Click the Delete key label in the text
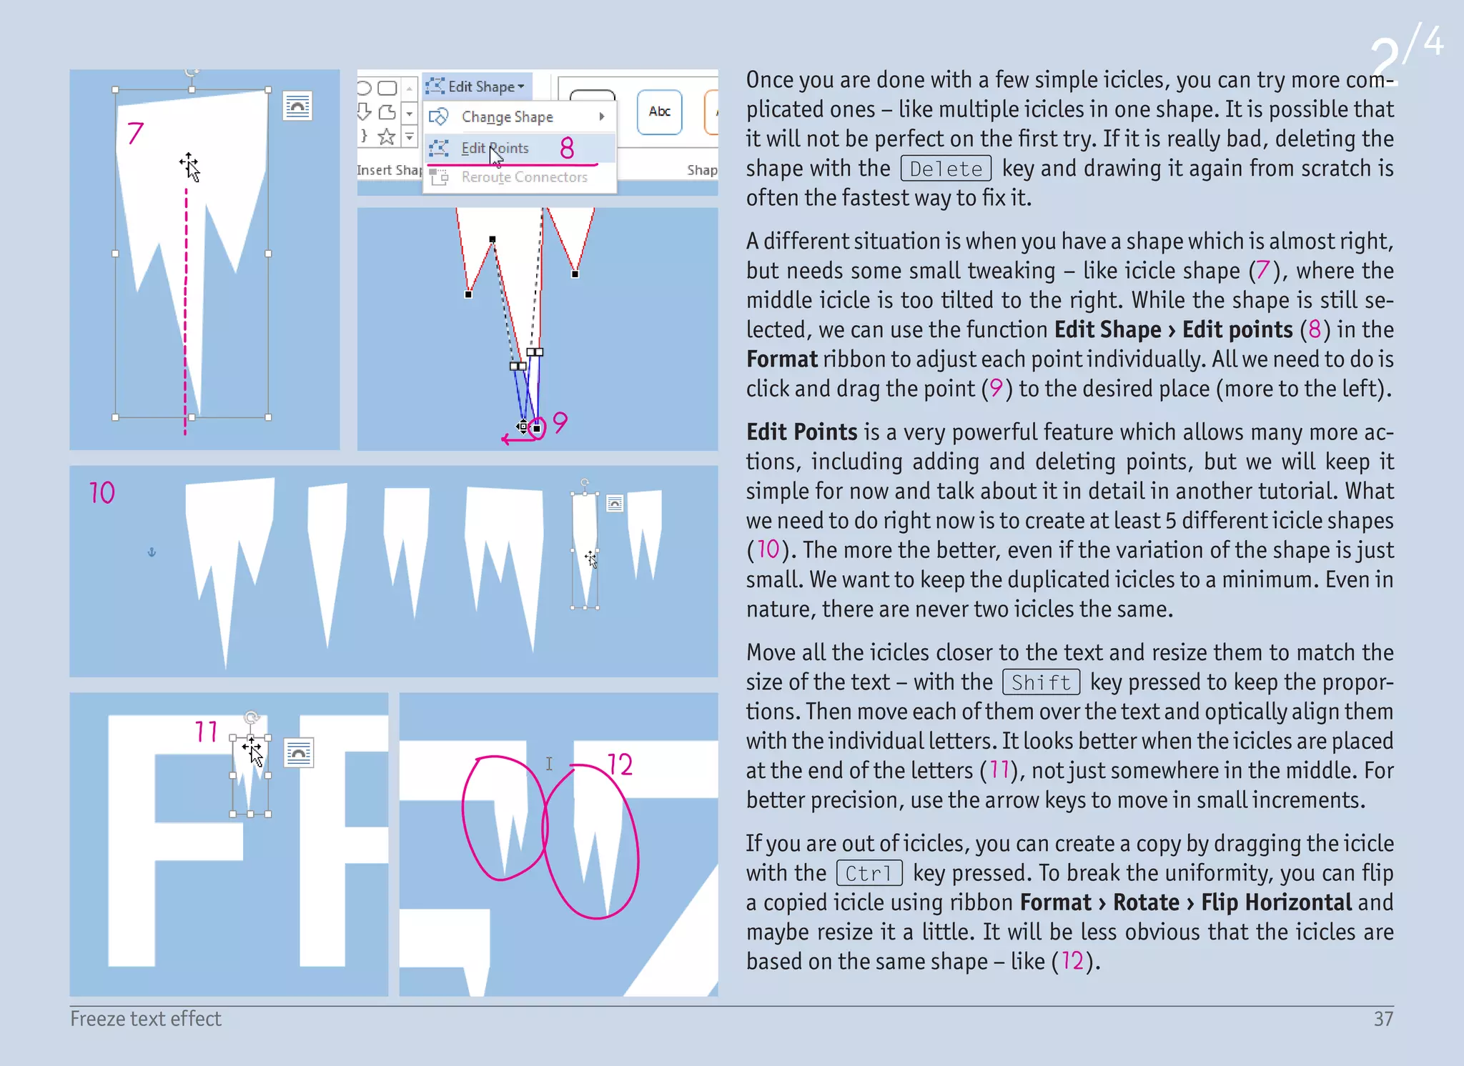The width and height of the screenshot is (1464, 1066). point(946,169)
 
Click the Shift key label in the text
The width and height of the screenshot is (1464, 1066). point(1041,682)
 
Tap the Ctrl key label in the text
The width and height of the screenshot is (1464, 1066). point(869,873)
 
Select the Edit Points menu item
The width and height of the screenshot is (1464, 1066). point(495,148)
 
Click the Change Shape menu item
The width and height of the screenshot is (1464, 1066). point(507,116)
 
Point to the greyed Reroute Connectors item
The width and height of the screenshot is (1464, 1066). point(524,177)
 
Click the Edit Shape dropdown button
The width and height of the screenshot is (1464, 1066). point(477,86)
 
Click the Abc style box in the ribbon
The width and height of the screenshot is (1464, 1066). point(659,111)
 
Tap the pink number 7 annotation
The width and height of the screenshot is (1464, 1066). point(135,133)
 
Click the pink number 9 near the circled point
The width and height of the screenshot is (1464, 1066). point(560,422)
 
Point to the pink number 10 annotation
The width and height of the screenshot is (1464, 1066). point(102,492)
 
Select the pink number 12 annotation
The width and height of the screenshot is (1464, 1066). point(620,764)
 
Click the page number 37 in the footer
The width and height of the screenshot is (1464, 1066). point(1383,1019)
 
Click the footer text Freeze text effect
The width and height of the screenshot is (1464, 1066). point(146,1019)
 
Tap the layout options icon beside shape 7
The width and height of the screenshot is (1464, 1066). point(297,106)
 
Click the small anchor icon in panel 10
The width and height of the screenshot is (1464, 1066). point(152,552)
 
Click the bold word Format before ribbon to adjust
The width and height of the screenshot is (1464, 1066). point(781,359)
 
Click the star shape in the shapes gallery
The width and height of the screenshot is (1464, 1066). point(387,136)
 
